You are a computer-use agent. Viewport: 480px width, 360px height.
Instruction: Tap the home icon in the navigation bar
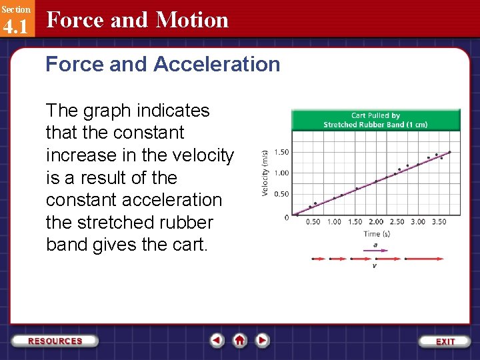(x=240, y=340)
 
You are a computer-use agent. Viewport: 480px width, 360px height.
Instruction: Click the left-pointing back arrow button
(x=217, y=340)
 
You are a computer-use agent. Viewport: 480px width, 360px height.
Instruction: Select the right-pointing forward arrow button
(x=263, y=340)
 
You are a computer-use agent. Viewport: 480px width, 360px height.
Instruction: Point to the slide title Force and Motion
(x=137, y=20)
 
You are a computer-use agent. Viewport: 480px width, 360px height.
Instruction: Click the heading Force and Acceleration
(x=163, y=64)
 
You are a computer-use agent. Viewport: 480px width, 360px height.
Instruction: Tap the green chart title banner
(x=375, y=120)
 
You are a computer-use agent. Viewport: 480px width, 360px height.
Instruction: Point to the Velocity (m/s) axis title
(x=265, y=172)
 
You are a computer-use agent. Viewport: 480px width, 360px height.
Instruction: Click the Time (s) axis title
(x=376, y=234)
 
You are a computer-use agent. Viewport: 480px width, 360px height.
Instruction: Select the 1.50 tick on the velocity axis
(x=281, y=152)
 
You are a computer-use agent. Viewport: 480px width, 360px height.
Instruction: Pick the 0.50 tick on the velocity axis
(x=281, y=195)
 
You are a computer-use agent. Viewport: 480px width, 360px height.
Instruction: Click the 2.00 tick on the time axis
(x=376, y=222)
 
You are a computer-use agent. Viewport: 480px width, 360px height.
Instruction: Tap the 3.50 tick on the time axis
(x=439, y=222)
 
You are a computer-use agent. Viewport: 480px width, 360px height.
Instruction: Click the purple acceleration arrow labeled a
(x=376, y=251)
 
